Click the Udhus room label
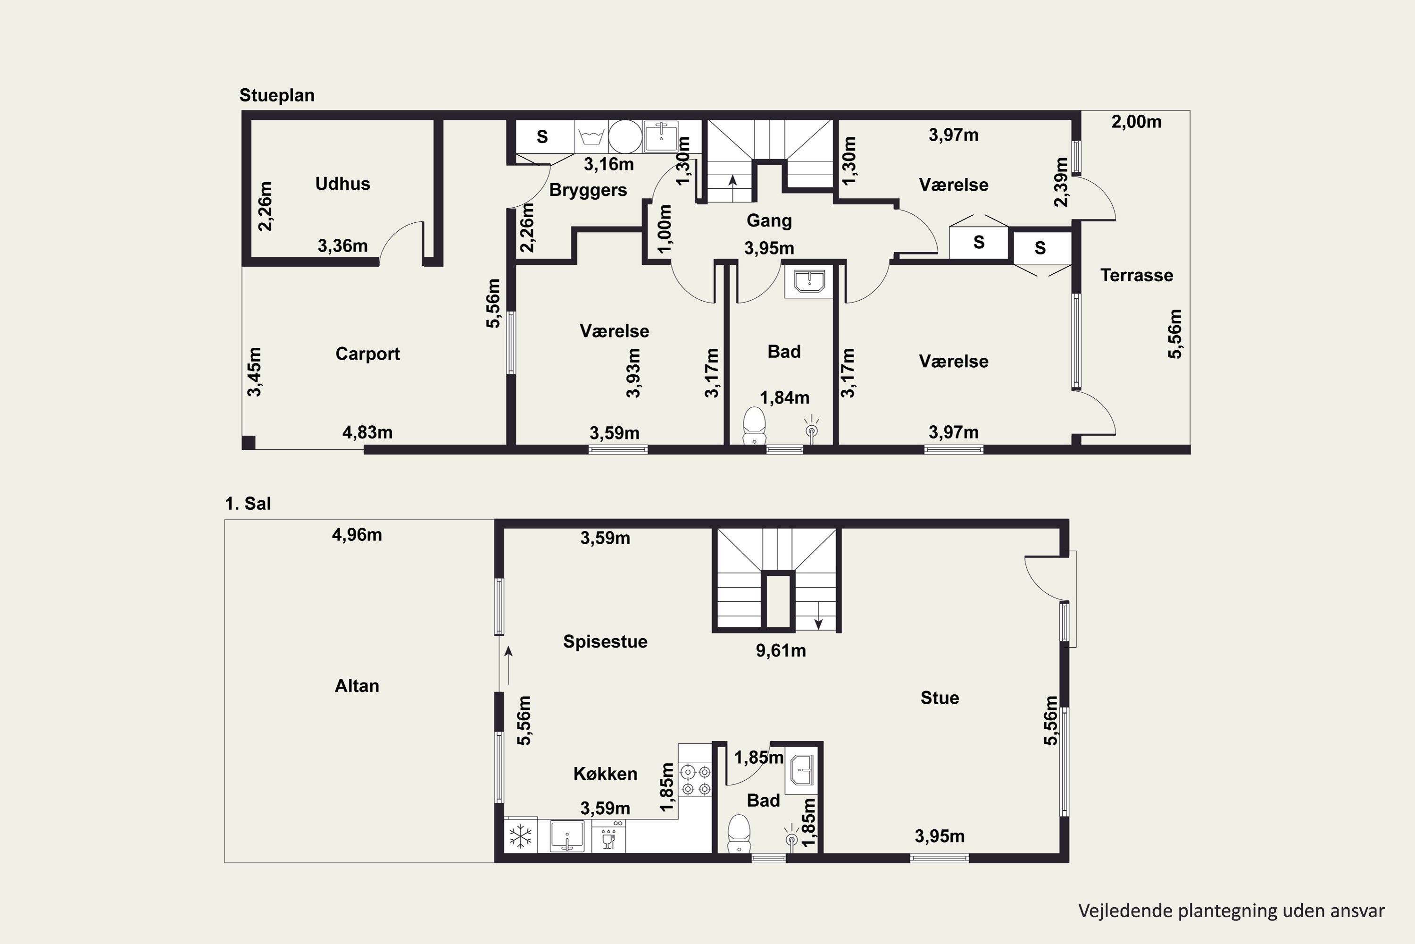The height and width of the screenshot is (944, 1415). coord(342,184)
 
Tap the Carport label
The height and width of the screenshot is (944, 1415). coord(367,354)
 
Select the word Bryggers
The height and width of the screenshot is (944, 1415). coord(588,190)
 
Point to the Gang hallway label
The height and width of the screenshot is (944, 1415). coord(769,221)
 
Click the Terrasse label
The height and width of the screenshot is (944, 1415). coord(1136,275)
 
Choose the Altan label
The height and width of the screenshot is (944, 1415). coord(357,686)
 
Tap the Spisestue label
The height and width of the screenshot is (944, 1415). coord(605,642)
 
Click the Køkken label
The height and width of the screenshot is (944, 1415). coord(605,774)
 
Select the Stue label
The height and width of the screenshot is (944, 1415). coord(940,698)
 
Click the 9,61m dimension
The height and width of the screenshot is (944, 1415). coord(781,651)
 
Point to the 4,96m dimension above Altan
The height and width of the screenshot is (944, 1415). coord(357,535)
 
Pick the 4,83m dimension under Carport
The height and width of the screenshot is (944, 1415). coord(367,432)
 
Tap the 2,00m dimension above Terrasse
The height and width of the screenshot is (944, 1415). coord(1136,122)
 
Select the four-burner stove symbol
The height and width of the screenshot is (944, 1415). coord(695,780)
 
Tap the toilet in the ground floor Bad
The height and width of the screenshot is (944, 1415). coord(754,426)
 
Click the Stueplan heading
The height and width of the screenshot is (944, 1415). coord(277,95)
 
